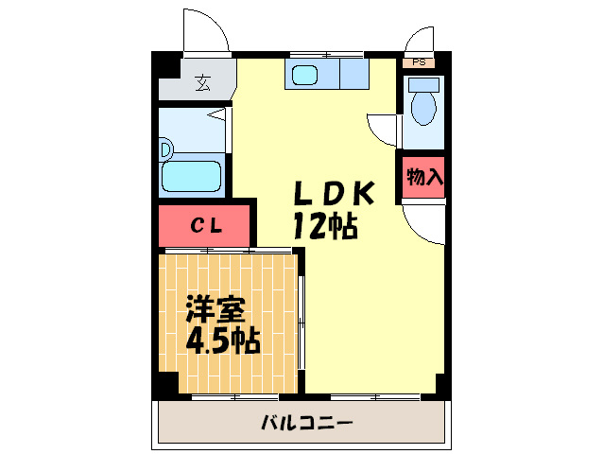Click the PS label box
click(x=419, y=62)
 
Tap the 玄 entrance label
click(x=202, y=82)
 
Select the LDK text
click(x=334, y=194)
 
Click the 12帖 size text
click(x=326, y=227)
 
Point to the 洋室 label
click(x=215, y=309)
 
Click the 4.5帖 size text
click(x=223, y=340)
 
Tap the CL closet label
click(x=206, y=226)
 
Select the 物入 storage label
click(x=424, y=177)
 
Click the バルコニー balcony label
click(x=307, y=423)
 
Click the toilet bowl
click(x=423, y=108)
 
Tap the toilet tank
click(x=423, y=84)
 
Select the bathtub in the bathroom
click(x=192, y=176)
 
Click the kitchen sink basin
click(x=304, y=75)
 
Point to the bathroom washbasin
click(x=166, y=148)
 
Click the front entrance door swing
click(x=206, y=30)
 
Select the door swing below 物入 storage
click(x=423, y=224)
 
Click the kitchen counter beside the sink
click(x=354, y=74)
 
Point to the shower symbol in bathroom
click(x=216, y=115)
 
